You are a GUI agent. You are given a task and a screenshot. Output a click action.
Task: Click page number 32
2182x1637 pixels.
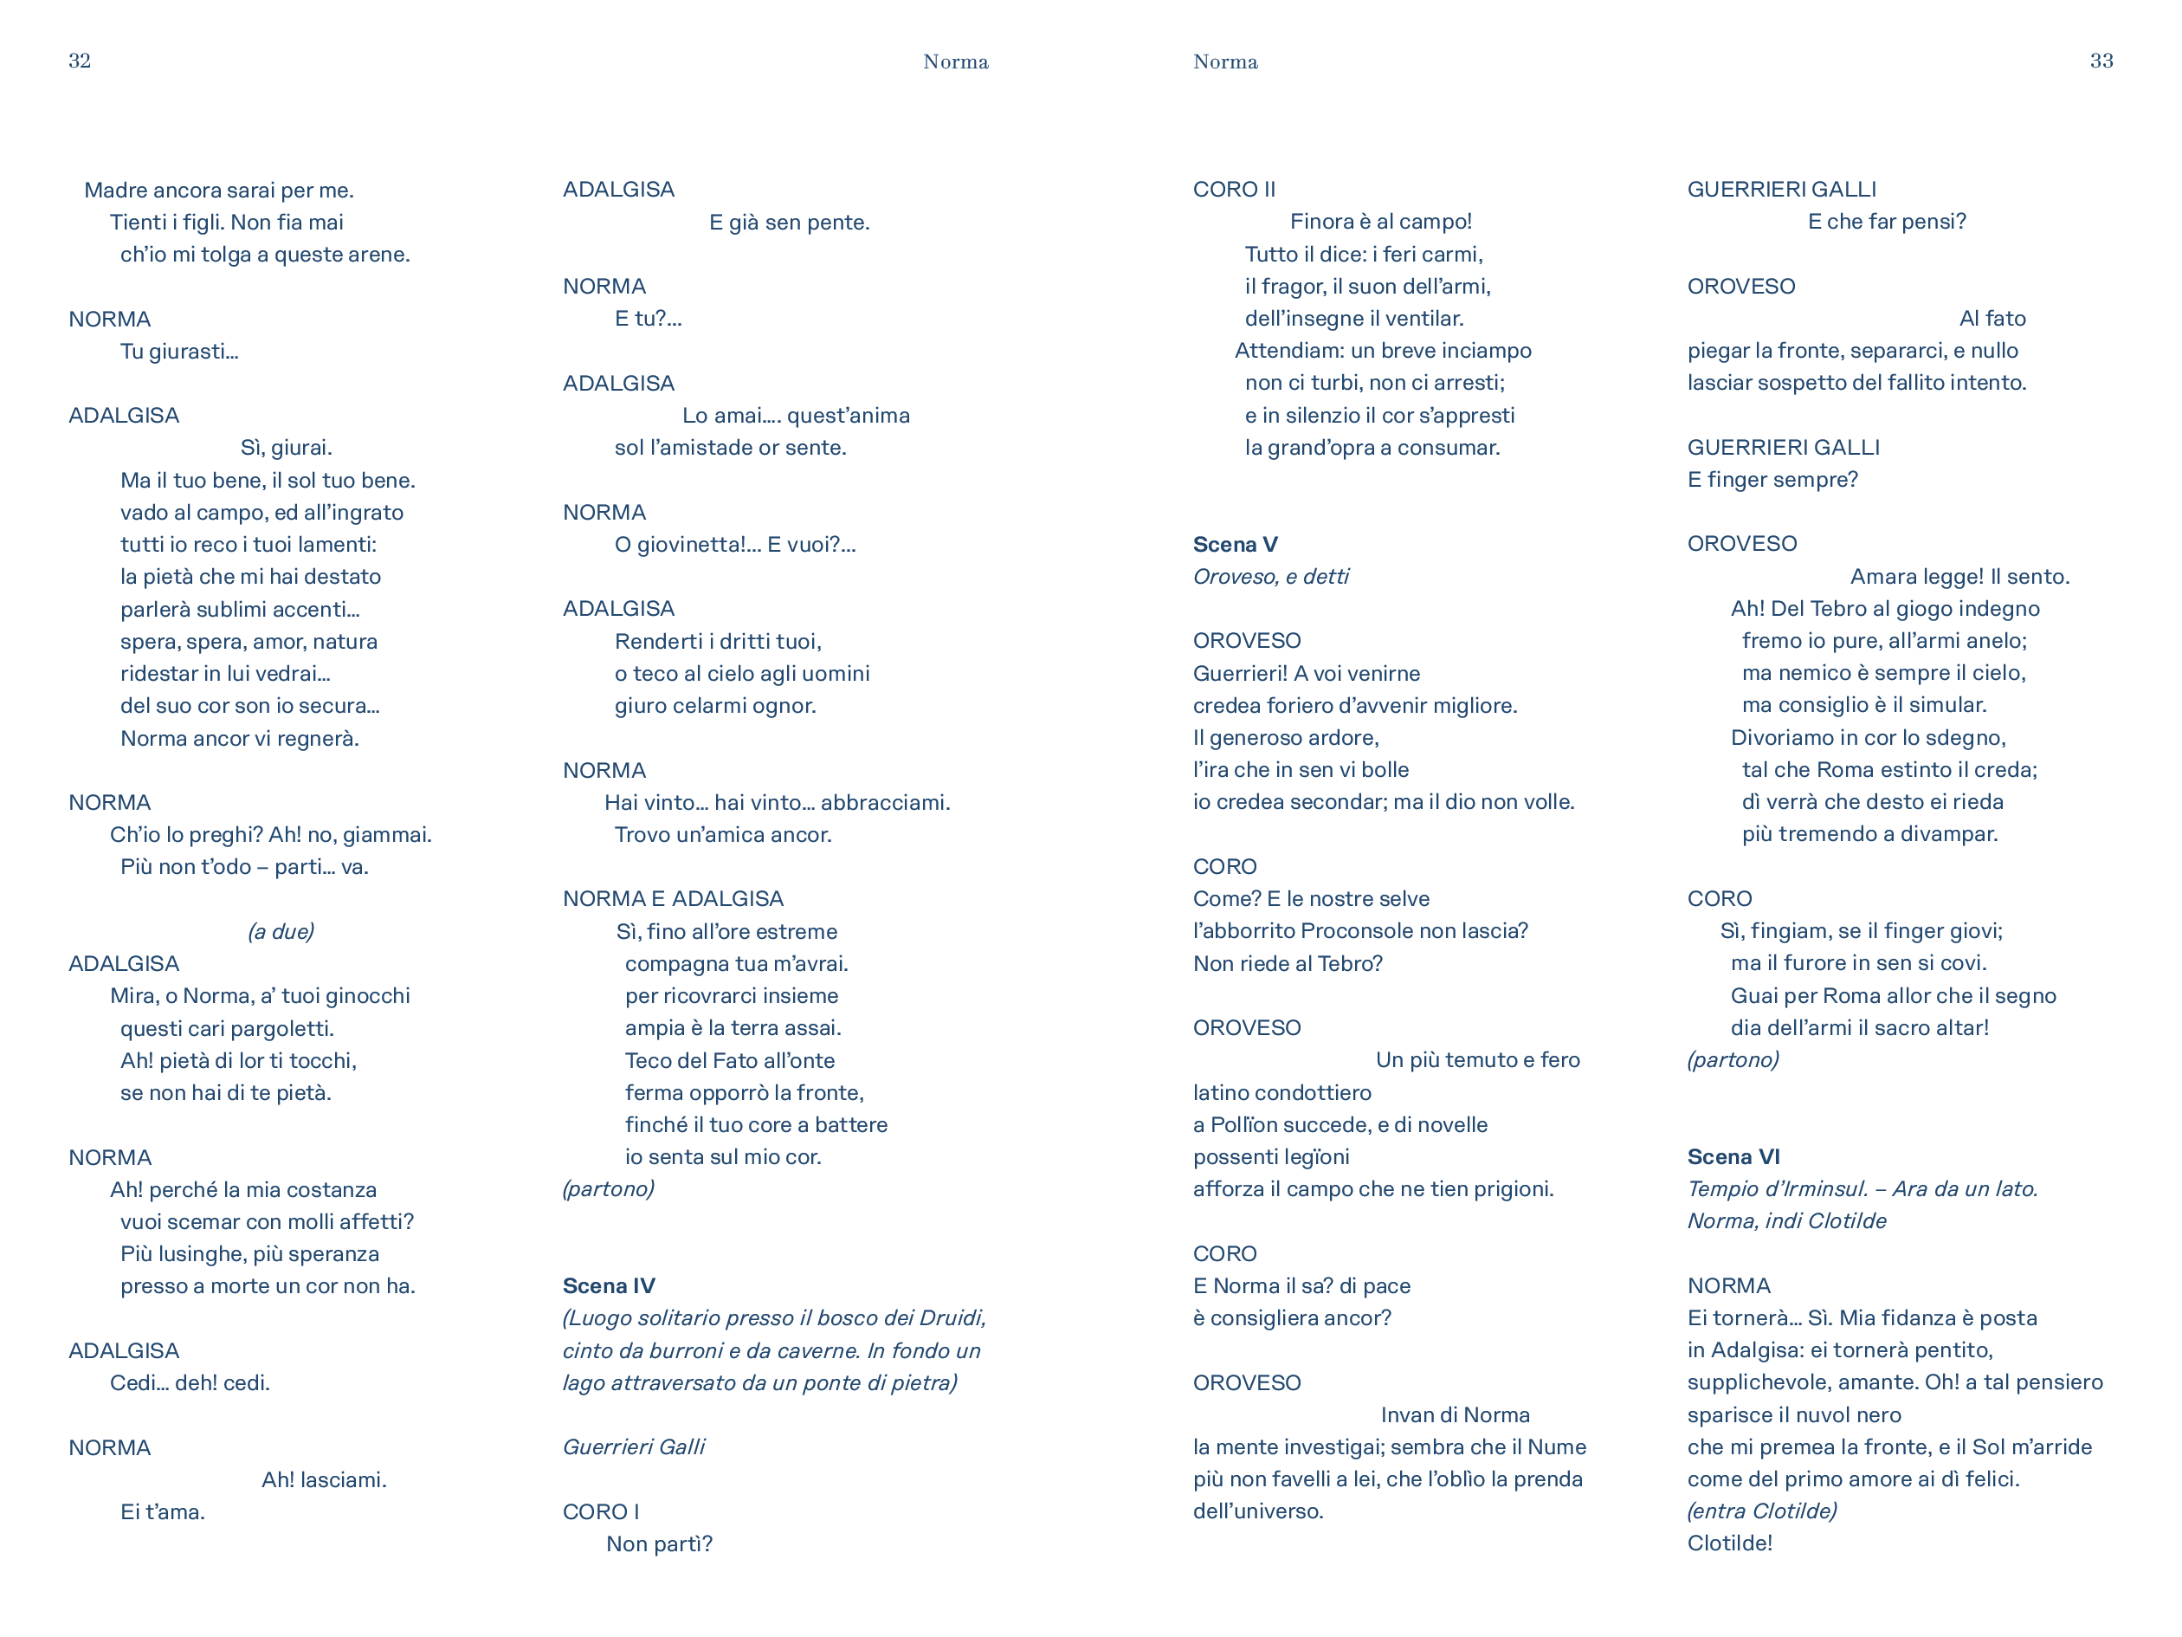point(80,61)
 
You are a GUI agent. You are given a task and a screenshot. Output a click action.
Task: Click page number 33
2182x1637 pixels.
point(2101,61)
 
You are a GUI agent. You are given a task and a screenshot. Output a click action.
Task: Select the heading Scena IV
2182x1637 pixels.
point(609,1285)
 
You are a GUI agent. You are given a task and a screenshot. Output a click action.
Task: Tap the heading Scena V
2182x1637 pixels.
point(1235,545)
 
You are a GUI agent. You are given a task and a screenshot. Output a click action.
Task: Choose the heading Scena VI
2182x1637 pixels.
point(1733,1156)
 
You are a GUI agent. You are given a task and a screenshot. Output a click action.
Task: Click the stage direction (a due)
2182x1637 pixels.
point(281,931)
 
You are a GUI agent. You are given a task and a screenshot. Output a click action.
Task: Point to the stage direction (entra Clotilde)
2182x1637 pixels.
point(1762,1511)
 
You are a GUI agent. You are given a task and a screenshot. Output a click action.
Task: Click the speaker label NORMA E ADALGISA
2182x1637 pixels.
point(673,899)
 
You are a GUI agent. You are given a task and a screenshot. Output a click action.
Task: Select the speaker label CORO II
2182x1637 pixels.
point(1234,190)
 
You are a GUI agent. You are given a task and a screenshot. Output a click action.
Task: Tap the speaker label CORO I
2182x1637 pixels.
point(601,1511)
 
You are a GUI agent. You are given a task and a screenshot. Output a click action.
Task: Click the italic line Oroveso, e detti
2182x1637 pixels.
point(1270,576)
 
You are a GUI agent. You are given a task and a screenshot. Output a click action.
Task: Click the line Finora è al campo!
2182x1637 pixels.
point(1380,222)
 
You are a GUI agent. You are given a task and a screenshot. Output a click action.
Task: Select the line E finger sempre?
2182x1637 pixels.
point(1772,480)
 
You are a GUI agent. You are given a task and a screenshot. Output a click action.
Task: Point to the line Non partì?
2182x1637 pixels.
point(659,1543)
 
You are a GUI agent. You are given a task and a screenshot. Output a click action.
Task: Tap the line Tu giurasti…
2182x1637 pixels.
point(179,352)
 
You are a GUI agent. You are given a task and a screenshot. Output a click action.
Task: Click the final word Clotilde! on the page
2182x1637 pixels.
point(1729,1543)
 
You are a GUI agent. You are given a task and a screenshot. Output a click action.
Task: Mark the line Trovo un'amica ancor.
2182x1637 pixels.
point(723,835)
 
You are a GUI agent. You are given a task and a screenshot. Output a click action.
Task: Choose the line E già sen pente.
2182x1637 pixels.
point(789,222)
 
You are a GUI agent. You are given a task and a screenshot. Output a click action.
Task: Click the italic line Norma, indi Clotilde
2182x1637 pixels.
point(1786,1220)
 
